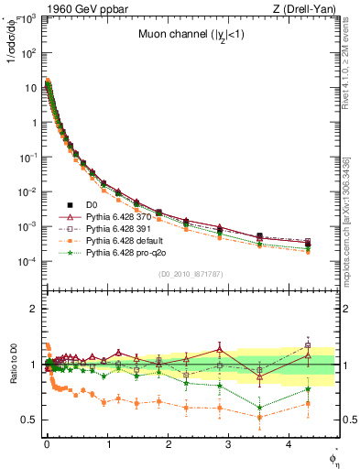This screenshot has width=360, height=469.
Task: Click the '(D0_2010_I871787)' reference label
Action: (x=190, y=274)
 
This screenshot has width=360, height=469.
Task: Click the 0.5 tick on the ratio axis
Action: (x=29, y=420)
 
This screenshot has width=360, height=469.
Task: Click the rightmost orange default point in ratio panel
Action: (x=308, y=403)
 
